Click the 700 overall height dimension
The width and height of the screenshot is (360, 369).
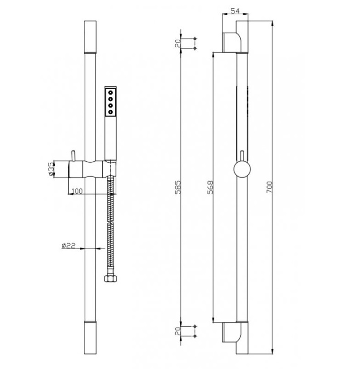[270, 187]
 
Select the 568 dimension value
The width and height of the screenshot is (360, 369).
[210, 187]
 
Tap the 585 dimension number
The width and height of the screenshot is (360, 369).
[178, 187]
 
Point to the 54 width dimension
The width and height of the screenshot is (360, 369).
[235, 11]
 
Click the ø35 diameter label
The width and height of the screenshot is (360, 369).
[51, 169]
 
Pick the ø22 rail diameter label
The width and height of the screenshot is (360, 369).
[68, 246]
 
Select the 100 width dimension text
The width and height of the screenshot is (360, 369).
[77, 191]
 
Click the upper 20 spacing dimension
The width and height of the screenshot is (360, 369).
[178, 43]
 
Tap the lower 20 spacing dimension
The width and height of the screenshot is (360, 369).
[178, 331]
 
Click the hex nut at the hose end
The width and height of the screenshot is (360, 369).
[110, 279]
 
